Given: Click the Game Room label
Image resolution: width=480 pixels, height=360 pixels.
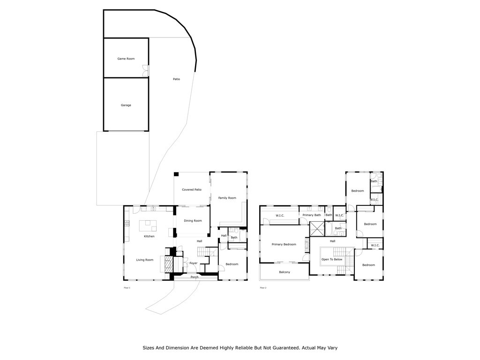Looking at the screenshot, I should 126,59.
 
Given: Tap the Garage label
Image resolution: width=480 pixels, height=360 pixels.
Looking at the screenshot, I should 126,105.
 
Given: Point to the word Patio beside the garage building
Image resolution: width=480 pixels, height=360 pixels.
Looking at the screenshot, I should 176,79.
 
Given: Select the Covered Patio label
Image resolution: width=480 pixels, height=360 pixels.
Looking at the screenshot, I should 192,189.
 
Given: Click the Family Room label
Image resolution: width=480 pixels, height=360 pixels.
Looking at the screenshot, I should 227,198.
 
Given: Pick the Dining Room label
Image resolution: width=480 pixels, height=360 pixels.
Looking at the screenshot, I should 193,220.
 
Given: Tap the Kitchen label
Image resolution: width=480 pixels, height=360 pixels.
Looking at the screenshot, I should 149,236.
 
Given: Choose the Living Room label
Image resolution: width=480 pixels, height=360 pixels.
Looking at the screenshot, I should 145,260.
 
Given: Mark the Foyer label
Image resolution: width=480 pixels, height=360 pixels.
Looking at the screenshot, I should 194,263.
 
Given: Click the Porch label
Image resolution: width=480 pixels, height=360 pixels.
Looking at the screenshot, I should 195,277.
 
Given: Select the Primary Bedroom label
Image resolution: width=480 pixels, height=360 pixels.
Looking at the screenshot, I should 284,244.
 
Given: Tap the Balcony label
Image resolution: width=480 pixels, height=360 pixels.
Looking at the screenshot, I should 285,272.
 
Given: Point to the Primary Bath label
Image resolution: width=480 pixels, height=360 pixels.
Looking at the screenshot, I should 311,215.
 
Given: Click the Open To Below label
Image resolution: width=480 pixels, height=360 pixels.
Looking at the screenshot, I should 332,259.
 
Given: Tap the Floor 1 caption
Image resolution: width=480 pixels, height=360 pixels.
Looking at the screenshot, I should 127,287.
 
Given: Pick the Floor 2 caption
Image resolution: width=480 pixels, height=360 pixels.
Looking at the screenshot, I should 263,287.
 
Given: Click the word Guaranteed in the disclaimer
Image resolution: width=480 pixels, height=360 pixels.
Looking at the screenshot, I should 282,348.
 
